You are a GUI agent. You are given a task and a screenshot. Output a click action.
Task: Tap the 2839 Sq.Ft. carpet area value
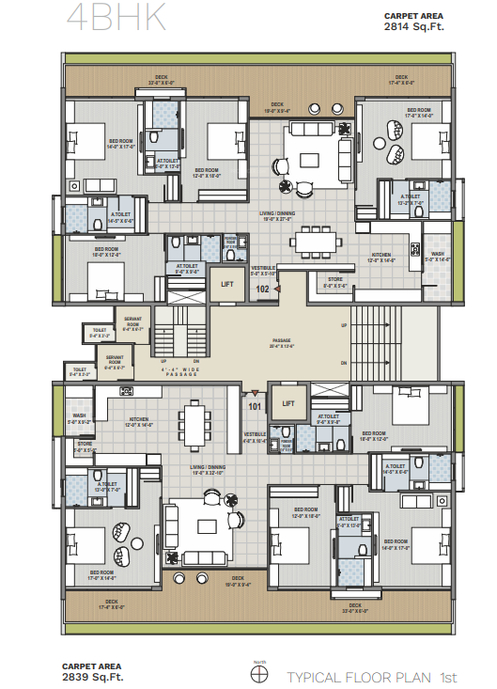click(93, 676)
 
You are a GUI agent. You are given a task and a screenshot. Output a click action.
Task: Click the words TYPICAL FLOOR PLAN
click(358, 676)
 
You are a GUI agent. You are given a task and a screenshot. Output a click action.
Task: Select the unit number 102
click(264, 290)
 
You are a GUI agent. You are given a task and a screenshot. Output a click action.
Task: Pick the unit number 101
click(254, 407)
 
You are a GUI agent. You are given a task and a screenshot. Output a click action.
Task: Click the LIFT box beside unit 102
click(226, 283)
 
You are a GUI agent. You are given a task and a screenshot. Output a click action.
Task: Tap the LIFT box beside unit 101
click(288, 402)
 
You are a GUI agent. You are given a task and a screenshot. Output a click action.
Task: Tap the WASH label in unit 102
click(438, 255)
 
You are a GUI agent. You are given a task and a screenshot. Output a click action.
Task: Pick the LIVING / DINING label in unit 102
click(279, 214)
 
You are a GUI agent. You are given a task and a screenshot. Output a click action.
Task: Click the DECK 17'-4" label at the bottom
click(111, 602)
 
